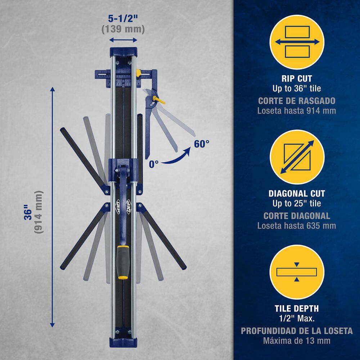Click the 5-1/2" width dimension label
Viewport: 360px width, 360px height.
click(123, 19)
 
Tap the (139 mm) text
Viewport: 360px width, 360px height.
click(123, 29)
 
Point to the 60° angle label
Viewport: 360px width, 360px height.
click(202, 144)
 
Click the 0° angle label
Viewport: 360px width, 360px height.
click(154, 164)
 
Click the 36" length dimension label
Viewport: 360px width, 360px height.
click(29, 212)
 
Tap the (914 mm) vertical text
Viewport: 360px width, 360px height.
click(39, 212)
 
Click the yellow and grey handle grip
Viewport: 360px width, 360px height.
click(122, 262)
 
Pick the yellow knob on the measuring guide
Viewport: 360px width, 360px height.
click(138, 73)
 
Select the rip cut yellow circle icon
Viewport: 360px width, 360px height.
click(297, 42)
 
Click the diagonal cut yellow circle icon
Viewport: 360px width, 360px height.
click(297, 157)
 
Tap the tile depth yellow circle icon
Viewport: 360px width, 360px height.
click(297, 272)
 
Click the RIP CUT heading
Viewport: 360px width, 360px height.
click(297, 78)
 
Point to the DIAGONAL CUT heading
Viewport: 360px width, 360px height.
click(297, 194)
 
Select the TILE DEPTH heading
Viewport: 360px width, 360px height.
click(297, 309)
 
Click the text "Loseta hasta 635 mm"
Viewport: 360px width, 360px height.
click(297, 226)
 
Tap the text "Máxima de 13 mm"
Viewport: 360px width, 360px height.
click(297, 341)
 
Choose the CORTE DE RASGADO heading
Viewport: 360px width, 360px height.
click(297, 101)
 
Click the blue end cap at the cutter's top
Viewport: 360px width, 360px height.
click(123, 52)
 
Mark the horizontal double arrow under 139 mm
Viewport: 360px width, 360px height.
click(123, 40)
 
